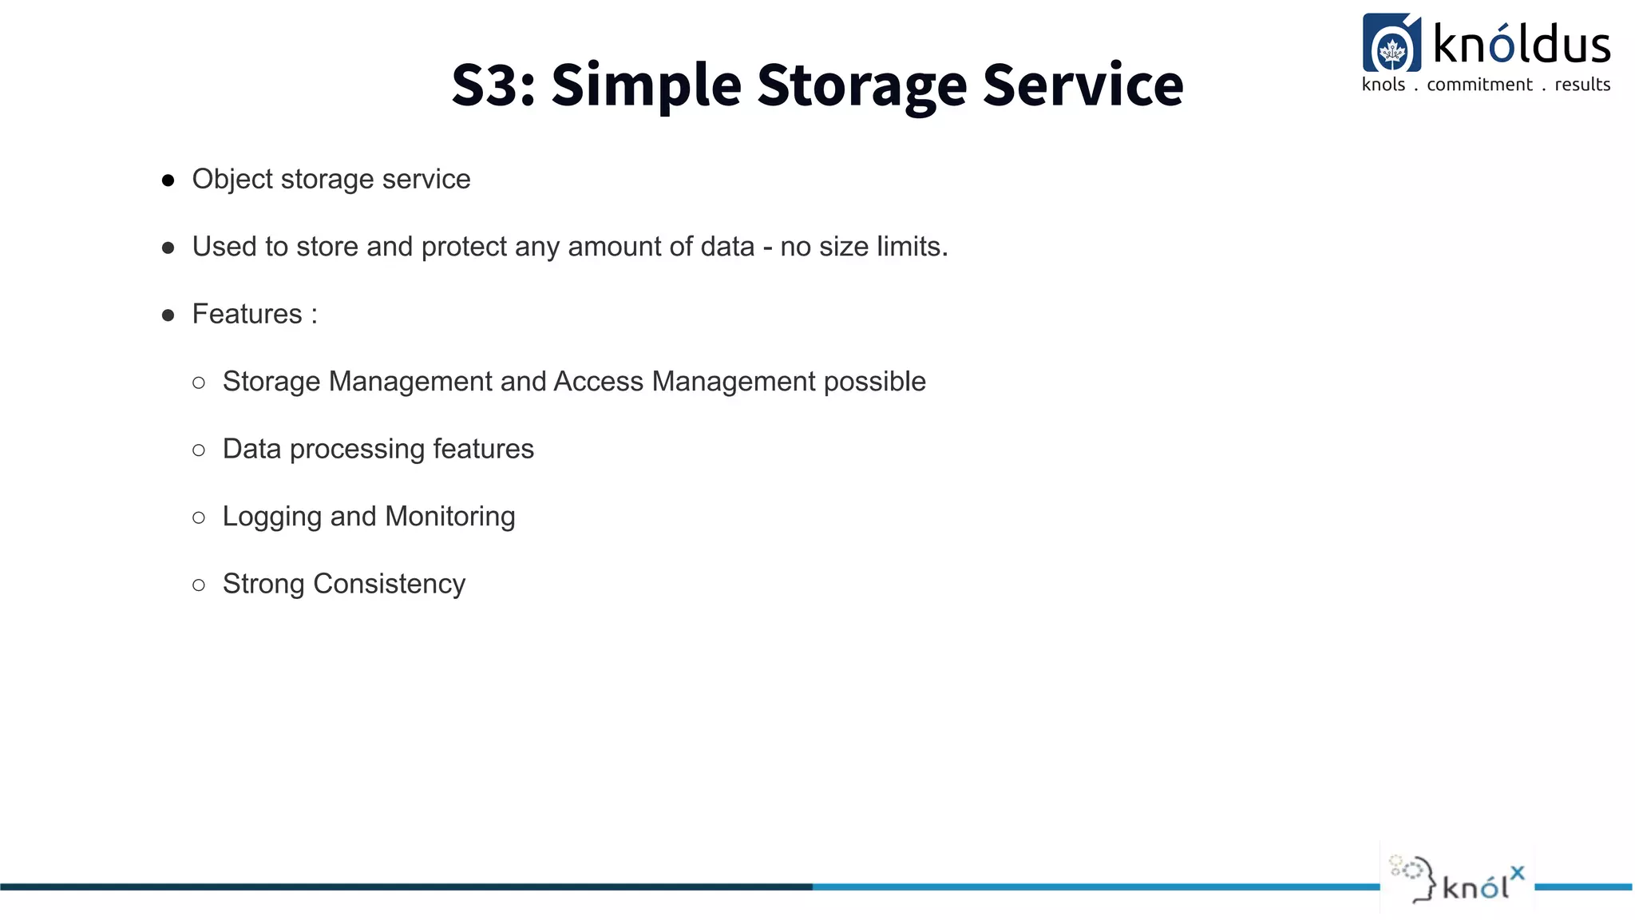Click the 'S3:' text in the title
coord(493,85)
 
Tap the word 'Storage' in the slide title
coord(861,85)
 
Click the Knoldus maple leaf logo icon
coord(1392,45)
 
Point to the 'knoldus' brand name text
coord(1522,45)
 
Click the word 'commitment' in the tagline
coord(1479,85)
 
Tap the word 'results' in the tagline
coord(1582,85)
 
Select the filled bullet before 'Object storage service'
coord(168,180)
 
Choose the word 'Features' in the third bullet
coord(247,314)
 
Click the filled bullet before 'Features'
coord(168,315)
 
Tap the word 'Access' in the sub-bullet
coord(598,382)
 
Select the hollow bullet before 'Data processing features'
coord(199,450)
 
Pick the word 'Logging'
coord(271,517)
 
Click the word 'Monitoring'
coord(450,517)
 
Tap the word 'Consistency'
coord(389,585)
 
